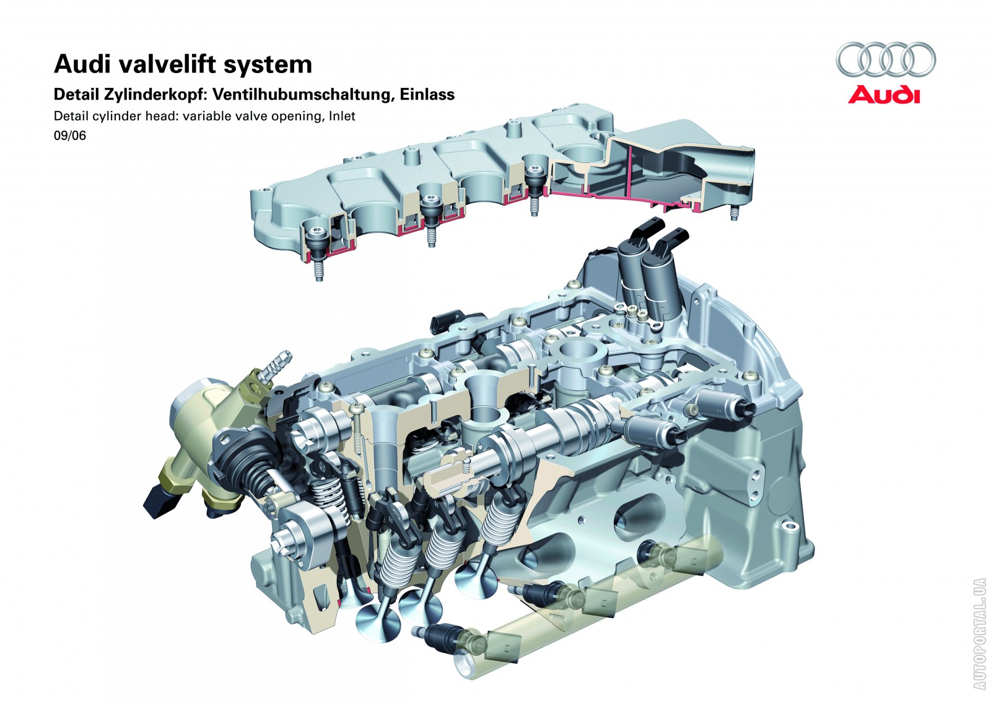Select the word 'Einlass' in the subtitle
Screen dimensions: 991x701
tap(427, 95)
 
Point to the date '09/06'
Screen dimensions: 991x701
tap(70, 136)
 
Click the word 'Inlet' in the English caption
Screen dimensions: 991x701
tap(342, 116)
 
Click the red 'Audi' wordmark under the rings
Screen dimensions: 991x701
tap(884, 95)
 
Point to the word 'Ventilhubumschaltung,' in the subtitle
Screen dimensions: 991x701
tap(304, 95)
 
